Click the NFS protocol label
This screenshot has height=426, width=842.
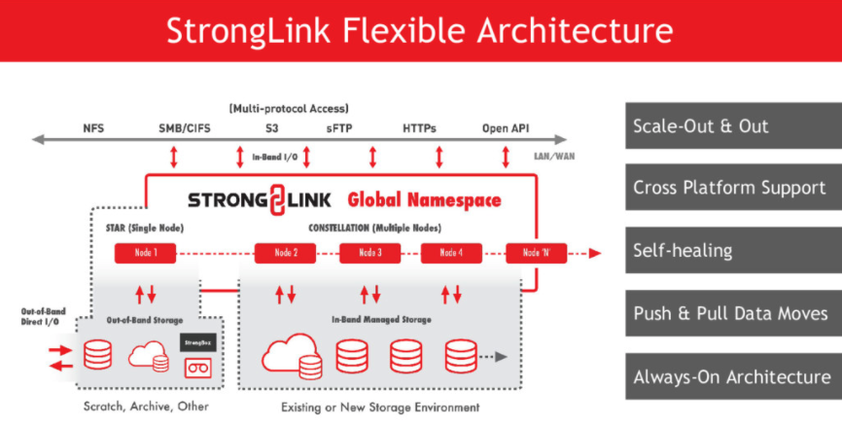(94, 127)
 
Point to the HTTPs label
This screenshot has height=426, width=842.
(420, 127)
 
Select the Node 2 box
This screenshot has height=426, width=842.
(285, 254)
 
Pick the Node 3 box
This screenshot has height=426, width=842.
(369, 254)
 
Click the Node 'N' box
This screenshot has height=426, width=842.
(536, 254)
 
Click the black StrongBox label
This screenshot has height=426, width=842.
(198, 342)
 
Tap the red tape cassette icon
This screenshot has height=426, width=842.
(198, 367)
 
